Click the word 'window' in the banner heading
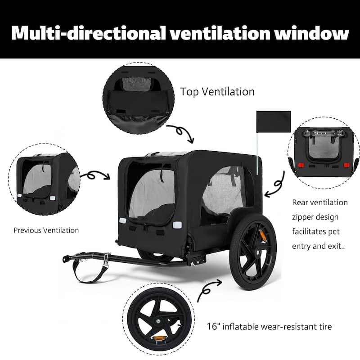pos(312,33)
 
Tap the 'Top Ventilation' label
pos(217,92)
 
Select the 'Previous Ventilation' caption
pos(46,230)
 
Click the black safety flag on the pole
pos(274,121)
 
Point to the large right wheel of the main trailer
pos(253,252)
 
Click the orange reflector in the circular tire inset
pos(158,338)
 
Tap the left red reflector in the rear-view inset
pos(301,165)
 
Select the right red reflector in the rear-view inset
pos(346,165)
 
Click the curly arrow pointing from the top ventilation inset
pos(181,132)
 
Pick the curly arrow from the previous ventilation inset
pos(94,175)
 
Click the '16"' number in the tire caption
pos(213,326)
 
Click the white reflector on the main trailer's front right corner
pos(177,225)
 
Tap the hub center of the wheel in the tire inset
pos(158,321)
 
